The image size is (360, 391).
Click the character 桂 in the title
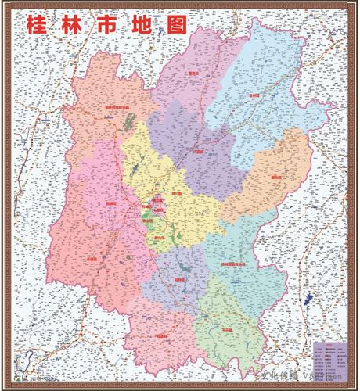(x=37, y=24)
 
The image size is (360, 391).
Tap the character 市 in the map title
(x=107, y=24)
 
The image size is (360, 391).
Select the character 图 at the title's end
(x=177, y=24)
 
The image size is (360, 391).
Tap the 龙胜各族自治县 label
(x=116, y=109)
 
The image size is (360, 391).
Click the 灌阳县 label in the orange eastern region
(x=276, y=178)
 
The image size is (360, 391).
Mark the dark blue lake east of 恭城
(x=306, y=300)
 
